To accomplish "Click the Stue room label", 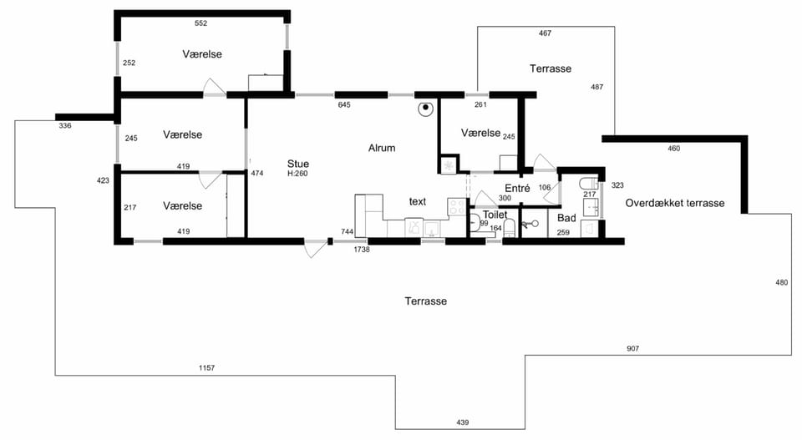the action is (297, 164).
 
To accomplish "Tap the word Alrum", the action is (382, 149).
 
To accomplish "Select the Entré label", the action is (517, 188).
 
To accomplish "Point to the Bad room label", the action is (566, 218).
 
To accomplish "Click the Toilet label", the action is (495, 215).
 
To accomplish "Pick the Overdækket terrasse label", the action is (675, 203).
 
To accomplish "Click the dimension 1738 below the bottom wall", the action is (361, 250).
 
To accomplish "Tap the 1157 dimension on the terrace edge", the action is (206, 367).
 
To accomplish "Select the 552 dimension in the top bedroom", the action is (200, 23).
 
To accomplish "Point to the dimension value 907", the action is (632, 348).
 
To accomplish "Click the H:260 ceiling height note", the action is (297, 174).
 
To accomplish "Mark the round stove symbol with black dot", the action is (425, 109).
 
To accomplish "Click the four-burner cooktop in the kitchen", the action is (456, 206).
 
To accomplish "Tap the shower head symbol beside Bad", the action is (530, 223).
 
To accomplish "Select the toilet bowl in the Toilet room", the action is (510, 228).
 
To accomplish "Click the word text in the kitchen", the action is (418, 202).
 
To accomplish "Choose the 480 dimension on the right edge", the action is (782, 282).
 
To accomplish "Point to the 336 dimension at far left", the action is (65, 126).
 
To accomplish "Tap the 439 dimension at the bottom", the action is (462, 422).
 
